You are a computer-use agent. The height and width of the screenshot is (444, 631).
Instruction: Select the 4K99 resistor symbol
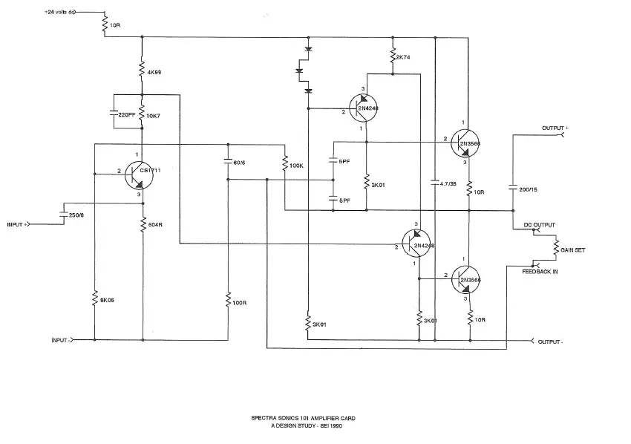141,72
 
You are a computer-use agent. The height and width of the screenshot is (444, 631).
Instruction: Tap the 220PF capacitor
113,114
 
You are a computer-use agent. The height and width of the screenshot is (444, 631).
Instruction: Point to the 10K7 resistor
141,116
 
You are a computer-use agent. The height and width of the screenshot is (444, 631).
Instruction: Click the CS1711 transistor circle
139,174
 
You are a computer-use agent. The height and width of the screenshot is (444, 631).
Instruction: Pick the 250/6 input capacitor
61,215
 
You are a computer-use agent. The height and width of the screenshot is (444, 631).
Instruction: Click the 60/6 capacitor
228,161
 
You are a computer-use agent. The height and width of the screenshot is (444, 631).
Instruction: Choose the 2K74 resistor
393,56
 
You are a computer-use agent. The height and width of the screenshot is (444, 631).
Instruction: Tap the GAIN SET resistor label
572,250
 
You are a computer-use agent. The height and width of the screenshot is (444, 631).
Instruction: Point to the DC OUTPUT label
539,224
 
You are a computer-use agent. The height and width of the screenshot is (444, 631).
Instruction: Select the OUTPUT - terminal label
551,342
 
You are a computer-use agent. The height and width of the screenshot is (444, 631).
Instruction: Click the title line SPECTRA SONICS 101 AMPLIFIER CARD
303,418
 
